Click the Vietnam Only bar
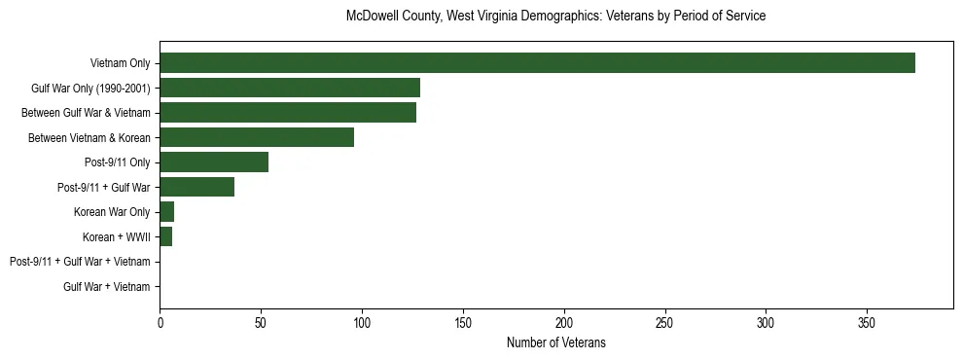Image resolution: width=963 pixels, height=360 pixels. pos(537,63)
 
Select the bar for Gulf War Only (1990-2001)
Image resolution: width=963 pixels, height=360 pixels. pos(290,88)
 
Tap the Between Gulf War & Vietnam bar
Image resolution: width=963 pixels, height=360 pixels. pos(288,113)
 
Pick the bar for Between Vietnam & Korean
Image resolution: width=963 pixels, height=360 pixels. pos(257,137)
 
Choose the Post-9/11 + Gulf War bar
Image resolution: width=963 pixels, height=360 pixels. pos(197,187)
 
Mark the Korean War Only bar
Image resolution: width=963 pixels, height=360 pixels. pos(167,212)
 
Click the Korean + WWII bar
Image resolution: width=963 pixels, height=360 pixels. pos(166,236)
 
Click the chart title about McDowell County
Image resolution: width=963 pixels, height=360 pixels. pos(555,17)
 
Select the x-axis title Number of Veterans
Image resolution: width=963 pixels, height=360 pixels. pos(555,342)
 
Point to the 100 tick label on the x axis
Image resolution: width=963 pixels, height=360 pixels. pos(362,323)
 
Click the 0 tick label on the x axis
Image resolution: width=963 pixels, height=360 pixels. pos(160,323)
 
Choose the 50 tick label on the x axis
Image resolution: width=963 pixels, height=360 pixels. pos(261,323)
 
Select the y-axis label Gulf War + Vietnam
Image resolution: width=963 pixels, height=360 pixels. pos(107,286)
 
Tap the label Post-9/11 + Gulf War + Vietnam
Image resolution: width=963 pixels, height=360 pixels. pos(80,262)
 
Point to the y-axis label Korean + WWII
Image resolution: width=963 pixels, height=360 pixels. pos(117,236)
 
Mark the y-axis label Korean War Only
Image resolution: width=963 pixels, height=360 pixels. pos(112,212)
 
